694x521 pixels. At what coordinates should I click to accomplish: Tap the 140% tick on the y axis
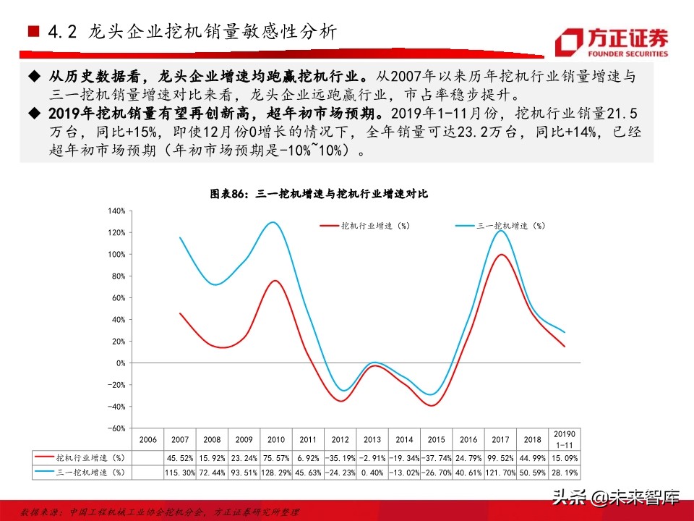click(x=116, y=211)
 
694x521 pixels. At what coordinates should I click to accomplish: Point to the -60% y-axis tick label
click(x=116, y=428)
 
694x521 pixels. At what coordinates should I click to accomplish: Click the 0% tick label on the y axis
click(x=120, y=363)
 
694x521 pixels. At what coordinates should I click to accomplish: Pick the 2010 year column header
click(x=275, y=439)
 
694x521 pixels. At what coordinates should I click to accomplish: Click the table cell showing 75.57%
click(x=275, y=457)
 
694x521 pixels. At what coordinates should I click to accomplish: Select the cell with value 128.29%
click(x=275, y=472)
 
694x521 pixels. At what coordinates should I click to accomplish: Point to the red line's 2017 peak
click(x=498, y=255)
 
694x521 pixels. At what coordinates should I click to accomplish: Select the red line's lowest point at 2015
click(x=432, y=405)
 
